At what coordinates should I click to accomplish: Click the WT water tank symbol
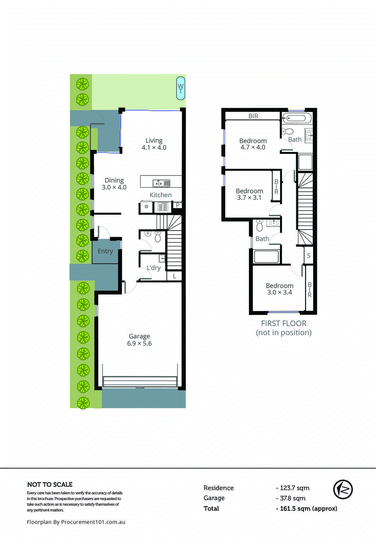(x=181, y=89)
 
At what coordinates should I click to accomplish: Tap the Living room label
(x=154, y=144)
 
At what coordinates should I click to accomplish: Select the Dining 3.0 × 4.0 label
(x=114, y=184)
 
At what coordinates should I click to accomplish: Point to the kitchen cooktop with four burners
(x=163, y=207)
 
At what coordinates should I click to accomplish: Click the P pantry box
(x=178, y=205)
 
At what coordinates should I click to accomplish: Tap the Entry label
(x=105, y=251)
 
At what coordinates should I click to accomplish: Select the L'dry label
(x=154, y=268)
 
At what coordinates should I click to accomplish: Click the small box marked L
(x=174, y=276)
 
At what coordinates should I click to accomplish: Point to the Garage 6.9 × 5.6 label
(x=139, y=340)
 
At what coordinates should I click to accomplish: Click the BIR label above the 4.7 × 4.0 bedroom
(x=253, y=116)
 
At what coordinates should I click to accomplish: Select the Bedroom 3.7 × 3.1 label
(x=250, y=194)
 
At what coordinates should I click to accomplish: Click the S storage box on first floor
(x=309, y=256)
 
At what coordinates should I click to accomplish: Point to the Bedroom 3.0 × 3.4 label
(x=279, y=289)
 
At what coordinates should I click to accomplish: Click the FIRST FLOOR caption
(x=284, y=324)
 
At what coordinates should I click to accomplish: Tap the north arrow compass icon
(x=343, y=489)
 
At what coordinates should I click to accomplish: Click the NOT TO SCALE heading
(x=50, y=485)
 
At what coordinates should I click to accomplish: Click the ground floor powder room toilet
(x=158, y=237)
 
